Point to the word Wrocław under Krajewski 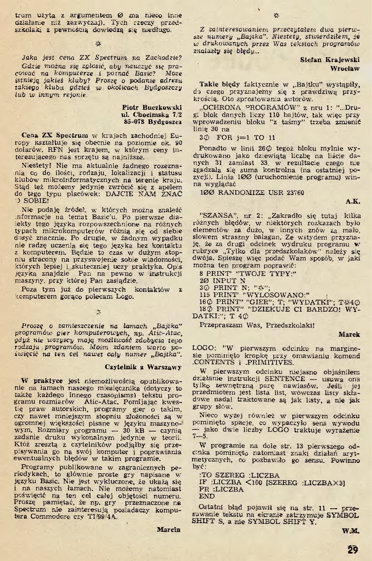point(345,69)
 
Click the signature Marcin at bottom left point(168,529)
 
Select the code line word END point(207,496)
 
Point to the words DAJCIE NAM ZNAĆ point(144,194)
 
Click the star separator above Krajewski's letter point(276,16)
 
